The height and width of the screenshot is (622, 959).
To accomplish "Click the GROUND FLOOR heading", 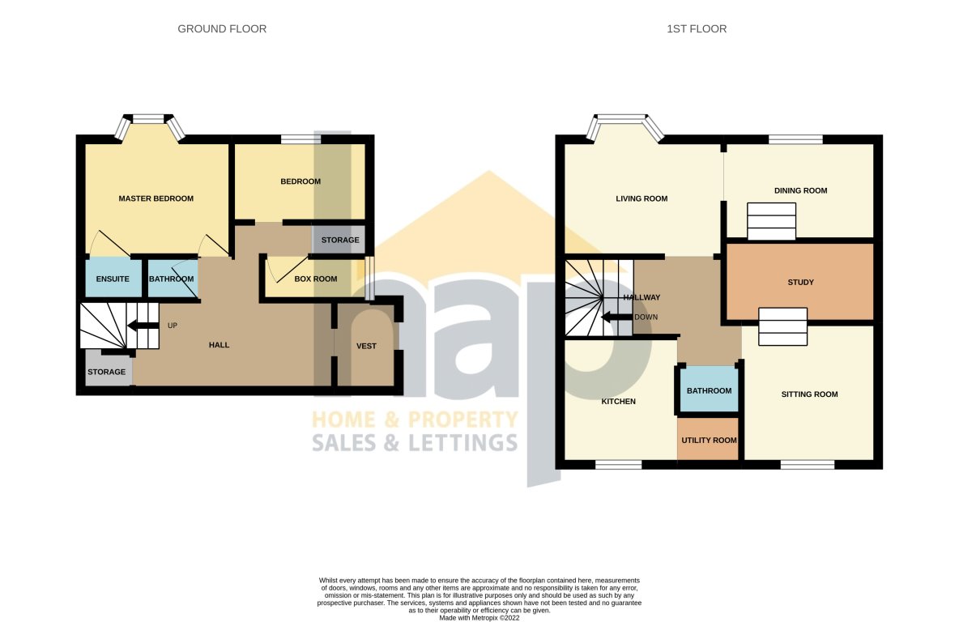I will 222,29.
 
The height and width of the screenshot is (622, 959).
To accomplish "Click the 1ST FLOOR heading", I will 696,29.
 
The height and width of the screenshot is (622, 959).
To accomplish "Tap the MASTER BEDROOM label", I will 156,198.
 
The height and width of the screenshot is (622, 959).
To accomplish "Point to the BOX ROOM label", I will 292,279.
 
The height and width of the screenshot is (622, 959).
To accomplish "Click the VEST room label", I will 366,346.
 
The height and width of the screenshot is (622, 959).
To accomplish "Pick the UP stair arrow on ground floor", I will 143,326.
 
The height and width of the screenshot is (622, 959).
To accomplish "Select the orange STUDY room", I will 799,283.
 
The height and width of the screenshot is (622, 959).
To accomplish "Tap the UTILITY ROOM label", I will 709,441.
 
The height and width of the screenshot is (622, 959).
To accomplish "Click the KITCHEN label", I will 618,402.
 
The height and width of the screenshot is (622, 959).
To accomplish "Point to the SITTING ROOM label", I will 809,394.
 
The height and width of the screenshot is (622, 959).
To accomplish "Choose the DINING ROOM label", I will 800,191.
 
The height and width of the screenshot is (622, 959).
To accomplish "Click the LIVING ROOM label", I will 641,198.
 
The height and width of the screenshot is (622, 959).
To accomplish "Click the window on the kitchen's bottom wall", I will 619,465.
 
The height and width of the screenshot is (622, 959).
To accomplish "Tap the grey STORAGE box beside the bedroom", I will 339,241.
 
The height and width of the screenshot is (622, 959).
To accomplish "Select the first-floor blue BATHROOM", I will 709,390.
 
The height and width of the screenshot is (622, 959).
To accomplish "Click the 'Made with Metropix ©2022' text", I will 479,617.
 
